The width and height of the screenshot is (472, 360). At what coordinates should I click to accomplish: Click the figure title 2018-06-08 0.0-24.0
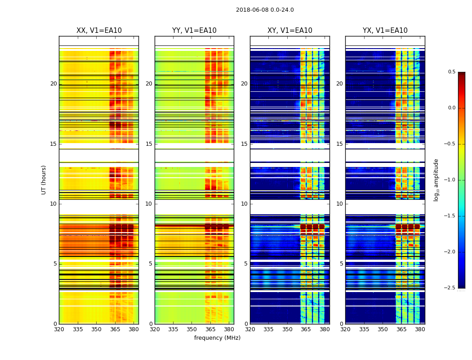pyautogui.click(x=265, y=10)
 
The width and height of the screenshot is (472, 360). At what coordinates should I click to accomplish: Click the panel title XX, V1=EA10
pyautogui.click(x=99, y=31)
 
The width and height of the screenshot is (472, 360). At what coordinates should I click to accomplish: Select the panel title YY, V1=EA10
pyautogui.click(x=194, y=31)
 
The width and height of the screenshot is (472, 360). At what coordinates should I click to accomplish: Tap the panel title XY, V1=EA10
pyautogui.click(x=290, y=31)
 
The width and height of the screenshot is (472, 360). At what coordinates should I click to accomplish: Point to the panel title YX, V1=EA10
pyautogui.click(x=385, y=31)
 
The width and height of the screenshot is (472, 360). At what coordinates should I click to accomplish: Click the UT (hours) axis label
pyautogui.click(x=44, y=180)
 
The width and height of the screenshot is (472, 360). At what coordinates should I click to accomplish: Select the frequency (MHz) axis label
pyautogui.click(x=217, y=338)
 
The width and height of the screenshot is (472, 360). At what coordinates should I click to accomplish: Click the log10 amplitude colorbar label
pyautogui.click(x=436, y=180)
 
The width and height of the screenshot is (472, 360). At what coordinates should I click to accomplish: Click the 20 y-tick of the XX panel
pyautogui.click(x=53, y=84)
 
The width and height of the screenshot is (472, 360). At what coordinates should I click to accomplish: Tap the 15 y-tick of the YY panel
pyautogui.click(x=149, y=144)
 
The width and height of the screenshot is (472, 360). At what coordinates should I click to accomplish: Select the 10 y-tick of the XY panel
pyautogui.click(x=244, y=204)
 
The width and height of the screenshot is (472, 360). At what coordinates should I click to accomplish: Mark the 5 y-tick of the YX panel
pyautogui.click(x=341, y=264)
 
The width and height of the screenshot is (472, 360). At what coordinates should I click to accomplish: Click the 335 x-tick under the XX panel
pyautogui.click(x=78, y=329)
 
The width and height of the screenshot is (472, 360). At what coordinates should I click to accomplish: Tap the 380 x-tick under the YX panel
pyautogui.click(x=420, y=329)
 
